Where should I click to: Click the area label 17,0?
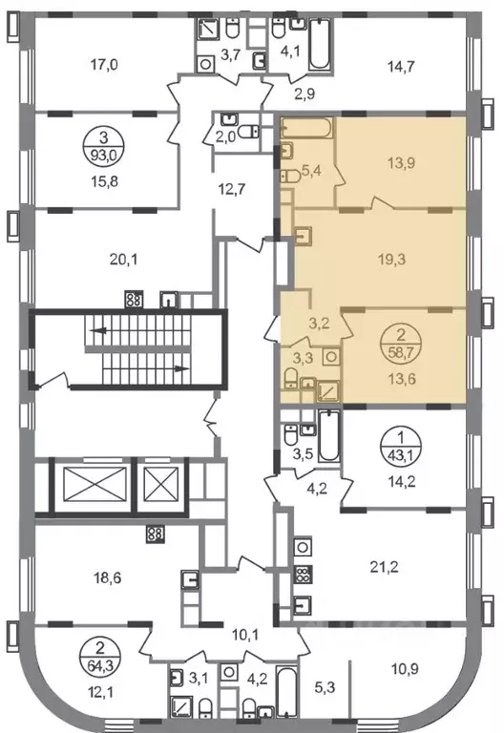pyautogui.click(x=104, y=65)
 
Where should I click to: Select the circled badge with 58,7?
pyautogui.click(x=400, y=344)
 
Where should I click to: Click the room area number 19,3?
pyautogui.click(x=392, y=259)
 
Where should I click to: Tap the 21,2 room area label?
pyautogui.click(x=384, y=568)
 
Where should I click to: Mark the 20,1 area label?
pyautogui.click(x=123, y=259)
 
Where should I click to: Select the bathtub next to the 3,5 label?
pyautogui.click(x=329, y=435)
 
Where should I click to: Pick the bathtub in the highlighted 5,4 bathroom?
pyautogui.click(x=306, y=128)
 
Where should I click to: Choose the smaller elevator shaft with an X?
pyautogui.click(x=160, y=484)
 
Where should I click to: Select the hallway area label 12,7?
pyautogui.click(x=232, y=189)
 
